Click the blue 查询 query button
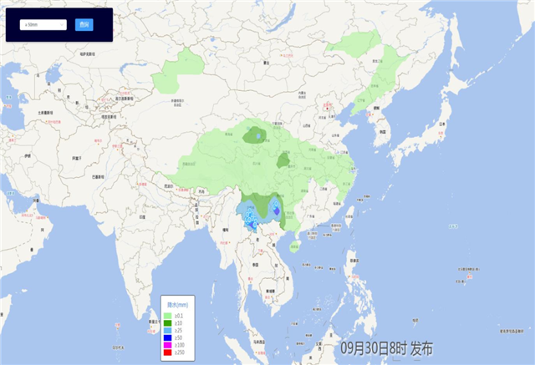pyautogui.click(x=83, y=25)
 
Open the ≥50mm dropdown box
pyautogui.click(x=43, y=25)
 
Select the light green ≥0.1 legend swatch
pyautogui.click(x=167, y=315)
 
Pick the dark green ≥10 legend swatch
pyautogui.click(x=167, y=322)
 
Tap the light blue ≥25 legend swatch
pyautogui.click(x=167, y=330)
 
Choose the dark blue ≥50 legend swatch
pyautogui.click(x=167, y=337)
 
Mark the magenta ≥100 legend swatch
pyautogui.click(x=167, y=345)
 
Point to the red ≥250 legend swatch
pyautogui.click(x=167, y=352)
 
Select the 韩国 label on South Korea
pyautogui.click(x=384, y=131)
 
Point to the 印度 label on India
pyautogui.click(x=142, y=217)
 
